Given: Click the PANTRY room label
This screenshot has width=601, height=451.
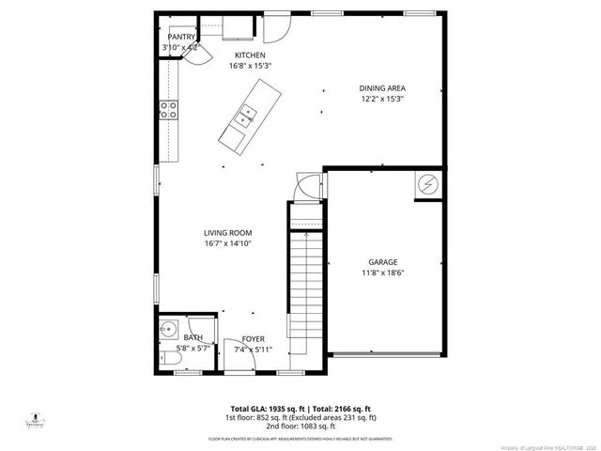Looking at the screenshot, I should pyautogui.click(x=181, y=37).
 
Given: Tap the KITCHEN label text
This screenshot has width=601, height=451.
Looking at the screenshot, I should pyautogui.click(x=237, y=55).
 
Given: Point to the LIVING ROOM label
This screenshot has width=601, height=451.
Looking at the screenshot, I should pyautogui.click(x=228, y=232).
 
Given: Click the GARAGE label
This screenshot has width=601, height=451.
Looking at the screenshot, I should pyautogui.click(x=382, y=262).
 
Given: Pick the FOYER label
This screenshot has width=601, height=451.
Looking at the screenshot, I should pyautogui.click(x=253, y=338).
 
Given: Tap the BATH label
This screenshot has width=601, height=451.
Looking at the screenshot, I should pyautogui.click(x=193, y=337).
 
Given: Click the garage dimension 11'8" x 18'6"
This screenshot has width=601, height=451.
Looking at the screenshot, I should pyautogui.click(x=382, y=273).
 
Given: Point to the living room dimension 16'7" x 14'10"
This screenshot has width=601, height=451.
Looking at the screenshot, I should pyautogui.click(x=228, y=243).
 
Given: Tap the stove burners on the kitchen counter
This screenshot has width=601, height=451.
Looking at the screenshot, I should pyautogui.click(x=169, y=110).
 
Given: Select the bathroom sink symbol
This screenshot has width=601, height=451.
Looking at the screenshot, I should pyautogui.click(x=168, y=330).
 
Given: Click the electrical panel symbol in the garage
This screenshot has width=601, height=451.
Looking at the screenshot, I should pyautogui.click(x=428, y=184).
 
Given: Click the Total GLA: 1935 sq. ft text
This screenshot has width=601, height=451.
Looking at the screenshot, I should pyautogui.click(x=258, y=408).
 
